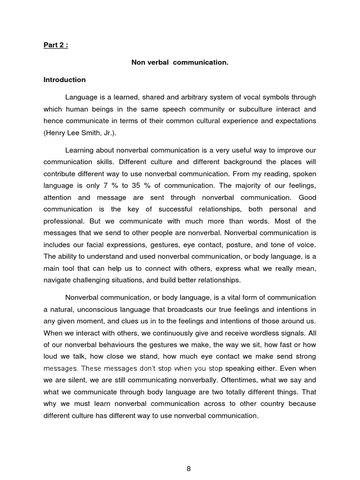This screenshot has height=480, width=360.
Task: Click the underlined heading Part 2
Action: click(56, 46)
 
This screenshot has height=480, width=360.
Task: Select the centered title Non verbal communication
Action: click(180, 63)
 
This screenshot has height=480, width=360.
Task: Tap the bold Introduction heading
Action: click(65, 80)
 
